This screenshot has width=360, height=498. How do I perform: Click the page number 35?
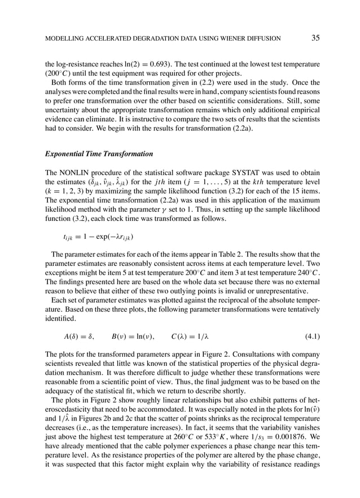315,38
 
